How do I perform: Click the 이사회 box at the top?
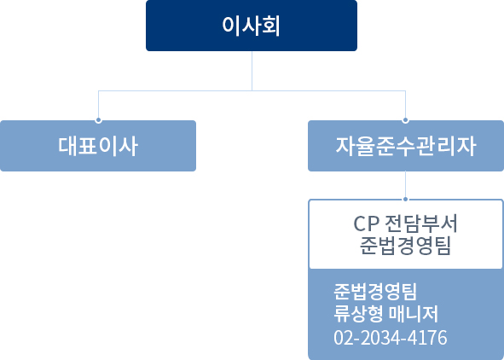pos(252,26)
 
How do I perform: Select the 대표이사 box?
pos(98,146)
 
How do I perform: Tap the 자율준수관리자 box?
pos(406,146)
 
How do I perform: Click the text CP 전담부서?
pos(405,224)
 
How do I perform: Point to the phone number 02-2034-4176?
pos(391,338)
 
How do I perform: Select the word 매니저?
pos(414,313)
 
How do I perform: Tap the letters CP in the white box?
pos(366,224)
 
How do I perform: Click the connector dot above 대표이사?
pos(98,120)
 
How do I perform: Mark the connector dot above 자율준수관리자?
pos(405,120)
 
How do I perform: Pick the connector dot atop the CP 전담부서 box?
pos(405,200)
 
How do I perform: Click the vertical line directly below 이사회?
pos(252,71)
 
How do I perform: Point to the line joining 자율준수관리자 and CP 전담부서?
pos(405,184)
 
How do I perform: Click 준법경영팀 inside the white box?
pos(405,246)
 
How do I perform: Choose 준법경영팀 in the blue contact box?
pos(375,291)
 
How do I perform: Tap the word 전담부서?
pos(421,224)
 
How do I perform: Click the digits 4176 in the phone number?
pos(427,338)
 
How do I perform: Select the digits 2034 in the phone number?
pos(380,338)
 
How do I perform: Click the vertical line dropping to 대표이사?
pos(98,104)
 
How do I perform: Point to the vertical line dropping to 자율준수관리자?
pos(405,104)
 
